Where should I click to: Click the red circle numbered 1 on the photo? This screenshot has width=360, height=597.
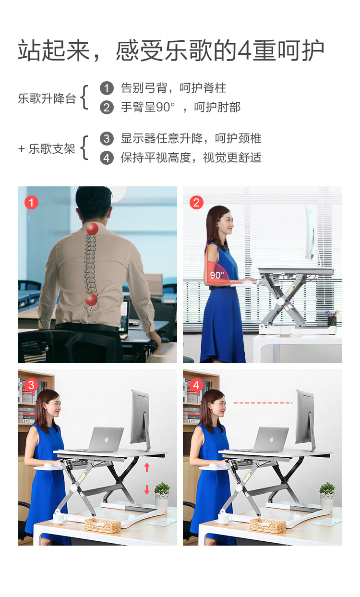[31, 202]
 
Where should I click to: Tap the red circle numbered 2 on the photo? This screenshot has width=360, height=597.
[196, 202]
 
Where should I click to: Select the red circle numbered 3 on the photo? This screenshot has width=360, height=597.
[31, 385]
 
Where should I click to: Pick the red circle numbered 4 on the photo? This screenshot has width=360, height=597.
[196, 385]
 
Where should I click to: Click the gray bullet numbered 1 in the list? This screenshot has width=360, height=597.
[107, 88]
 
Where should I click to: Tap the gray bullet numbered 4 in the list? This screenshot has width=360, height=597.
[107, 158]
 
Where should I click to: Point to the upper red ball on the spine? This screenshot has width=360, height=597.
[92, 229]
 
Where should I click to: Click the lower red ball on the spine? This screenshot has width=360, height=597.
[91, 300]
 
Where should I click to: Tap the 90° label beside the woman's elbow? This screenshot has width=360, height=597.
[217, 275]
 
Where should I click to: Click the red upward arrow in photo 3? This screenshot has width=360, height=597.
[147, 467]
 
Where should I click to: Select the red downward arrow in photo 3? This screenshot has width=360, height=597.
[147, 489]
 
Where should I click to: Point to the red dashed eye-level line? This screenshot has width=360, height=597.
[263, 402]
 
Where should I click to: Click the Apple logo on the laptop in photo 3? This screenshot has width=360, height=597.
[107, 439]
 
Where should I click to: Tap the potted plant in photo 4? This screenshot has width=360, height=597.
[327, 496]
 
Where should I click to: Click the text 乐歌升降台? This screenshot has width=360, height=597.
[47, 98]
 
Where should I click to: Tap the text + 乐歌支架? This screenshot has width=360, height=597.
[47, 149]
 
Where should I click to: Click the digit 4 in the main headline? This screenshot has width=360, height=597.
[244, 50]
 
